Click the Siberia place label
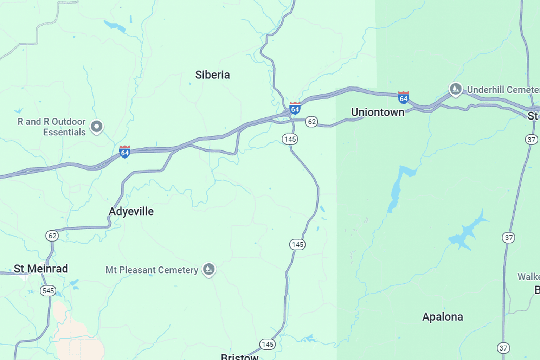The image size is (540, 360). click(212, 75)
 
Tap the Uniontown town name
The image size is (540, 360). click(378, 112)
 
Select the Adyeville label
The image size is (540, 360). click(131, 211)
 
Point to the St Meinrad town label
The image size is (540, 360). click(41, 269)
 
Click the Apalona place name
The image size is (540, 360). click(442, 317)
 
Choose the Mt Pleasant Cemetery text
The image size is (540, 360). click(152, 270)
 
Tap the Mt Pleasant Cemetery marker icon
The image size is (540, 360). click(209, 269)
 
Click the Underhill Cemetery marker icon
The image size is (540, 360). click(456, 89)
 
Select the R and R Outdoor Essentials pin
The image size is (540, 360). click(96, 126)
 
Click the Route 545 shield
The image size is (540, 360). click(48, 291)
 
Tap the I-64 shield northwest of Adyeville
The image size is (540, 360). click(124, 152)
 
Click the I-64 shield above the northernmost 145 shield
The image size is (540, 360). click(295, 108)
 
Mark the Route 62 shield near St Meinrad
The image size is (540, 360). click(52, 236)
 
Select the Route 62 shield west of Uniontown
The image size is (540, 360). click(311, 122)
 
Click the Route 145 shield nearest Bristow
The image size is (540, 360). click(267, 344)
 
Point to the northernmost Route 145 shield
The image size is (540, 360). click(290, 139)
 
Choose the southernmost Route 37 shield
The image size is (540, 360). click(503, 348)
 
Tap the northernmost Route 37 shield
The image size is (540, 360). click(531, 140)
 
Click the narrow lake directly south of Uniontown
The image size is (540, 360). click(397, 190)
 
